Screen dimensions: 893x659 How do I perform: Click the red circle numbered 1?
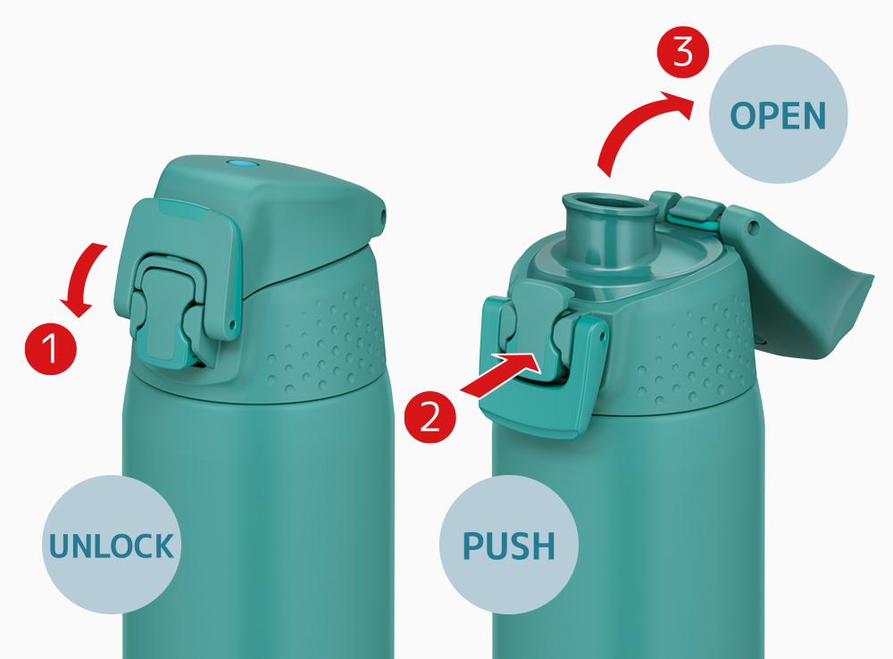51,348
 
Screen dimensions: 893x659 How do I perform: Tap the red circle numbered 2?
430,417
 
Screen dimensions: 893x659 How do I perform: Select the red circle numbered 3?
683,53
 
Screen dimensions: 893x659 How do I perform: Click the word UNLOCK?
111,546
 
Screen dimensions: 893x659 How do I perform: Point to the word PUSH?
509,546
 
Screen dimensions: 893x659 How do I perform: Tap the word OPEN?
778,115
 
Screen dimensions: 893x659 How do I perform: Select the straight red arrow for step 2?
499,373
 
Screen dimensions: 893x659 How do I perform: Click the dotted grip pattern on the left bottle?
325,342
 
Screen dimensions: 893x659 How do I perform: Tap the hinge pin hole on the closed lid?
383,216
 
